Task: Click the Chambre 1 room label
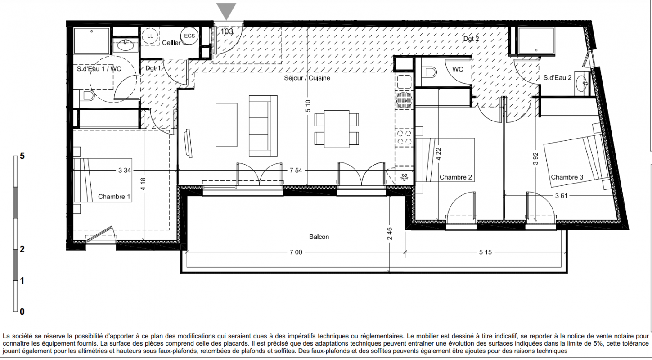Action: click(114, 197)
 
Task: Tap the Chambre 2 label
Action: click(455, 177)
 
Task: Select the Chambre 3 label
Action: click(567, 177)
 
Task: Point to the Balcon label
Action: click(319, 237)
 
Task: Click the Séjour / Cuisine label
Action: click(307, 78)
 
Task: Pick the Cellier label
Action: click(171, 43)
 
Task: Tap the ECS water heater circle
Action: click(189, 36)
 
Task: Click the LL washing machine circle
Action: click(150, 36)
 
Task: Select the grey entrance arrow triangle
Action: click(226, 11)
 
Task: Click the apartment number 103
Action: click(227, 31)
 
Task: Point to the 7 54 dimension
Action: click(296, 171)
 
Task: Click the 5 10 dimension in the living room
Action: click(308, 106)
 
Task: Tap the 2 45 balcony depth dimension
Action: click(390, 234)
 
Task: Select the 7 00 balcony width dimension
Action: click(296, 252)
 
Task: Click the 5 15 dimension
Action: click(486, 252)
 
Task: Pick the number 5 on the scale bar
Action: click(22, 156)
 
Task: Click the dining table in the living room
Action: click(337, 129)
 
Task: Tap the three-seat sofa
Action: click(263, 126)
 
